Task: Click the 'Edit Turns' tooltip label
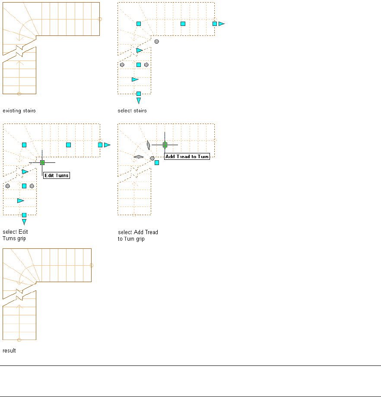point(57,175)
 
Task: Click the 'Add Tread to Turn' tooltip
point(187,157)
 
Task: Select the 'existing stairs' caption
point(19,111)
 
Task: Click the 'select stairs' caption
point(132,111)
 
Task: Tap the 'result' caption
point(9,351)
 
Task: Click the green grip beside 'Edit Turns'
point(42,162)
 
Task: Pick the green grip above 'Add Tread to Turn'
point(165,145)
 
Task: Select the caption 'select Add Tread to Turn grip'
point(138,235)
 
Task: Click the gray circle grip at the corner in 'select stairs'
point(157,41)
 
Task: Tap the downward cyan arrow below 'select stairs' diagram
point(139,101)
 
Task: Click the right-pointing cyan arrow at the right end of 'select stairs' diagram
point(222,24)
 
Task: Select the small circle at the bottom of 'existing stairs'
point(19,94)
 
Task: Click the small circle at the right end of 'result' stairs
point(92,265)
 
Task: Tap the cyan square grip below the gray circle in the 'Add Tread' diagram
point(157,163)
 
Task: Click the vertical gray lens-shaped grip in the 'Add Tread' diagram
point(148,145)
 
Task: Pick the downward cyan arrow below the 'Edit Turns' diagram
point(24,222)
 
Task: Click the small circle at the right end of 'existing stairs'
point(100,19)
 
